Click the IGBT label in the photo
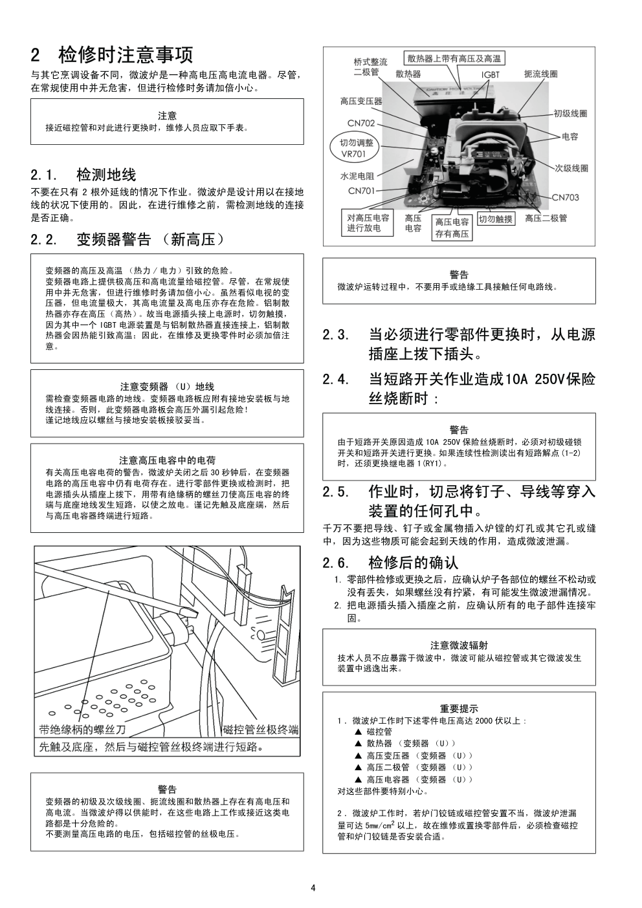click(x=490, y=74)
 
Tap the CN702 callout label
click(x=361, y=123)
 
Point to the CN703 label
click(x=565, y=197)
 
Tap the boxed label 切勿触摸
click(x=495, y=219)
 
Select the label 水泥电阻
click(x=357, y=176)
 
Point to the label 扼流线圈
click(x=540, y=74)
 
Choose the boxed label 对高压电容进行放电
click(x=368, y=223)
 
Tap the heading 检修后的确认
click(x=413, y=562)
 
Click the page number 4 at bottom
click(x=313, y=888)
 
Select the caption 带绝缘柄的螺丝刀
click(x=82, y=730)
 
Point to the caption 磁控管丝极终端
click(x=260, y=730)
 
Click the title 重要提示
click(x=459, y=709)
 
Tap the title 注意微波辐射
click(x=459, y=645)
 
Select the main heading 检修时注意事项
click(x=126, y=54)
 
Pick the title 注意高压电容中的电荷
click(x=167, y=460)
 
